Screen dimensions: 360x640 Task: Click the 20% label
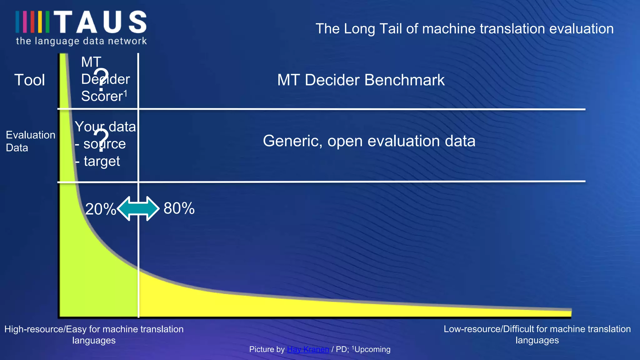tap(100, 209)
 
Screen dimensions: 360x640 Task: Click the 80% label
tap(179, 208)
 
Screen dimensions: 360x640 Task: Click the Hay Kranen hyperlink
tap(308, 349)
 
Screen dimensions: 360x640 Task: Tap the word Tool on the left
tap(30, 80)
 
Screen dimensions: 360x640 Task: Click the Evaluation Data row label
tap(30, 141)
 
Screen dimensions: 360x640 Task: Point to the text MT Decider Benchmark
tap(361, 80)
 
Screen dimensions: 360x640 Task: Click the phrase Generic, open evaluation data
tap(369, 141)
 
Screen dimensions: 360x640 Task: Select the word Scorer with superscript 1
tap(104, 96)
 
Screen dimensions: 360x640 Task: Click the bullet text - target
tap(98, 161)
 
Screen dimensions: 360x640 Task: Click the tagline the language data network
tap(81, 41)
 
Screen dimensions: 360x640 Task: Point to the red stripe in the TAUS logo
tap(32, 22)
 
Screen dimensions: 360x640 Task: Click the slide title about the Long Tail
tap(464, 29)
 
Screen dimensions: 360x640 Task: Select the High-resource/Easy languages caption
tap(94, 334)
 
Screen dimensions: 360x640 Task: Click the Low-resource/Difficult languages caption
tap(537, 334)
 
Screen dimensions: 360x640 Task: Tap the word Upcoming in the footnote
tap(372, 349)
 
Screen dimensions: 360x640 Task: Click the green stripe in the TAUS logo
tap(47, 22)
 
